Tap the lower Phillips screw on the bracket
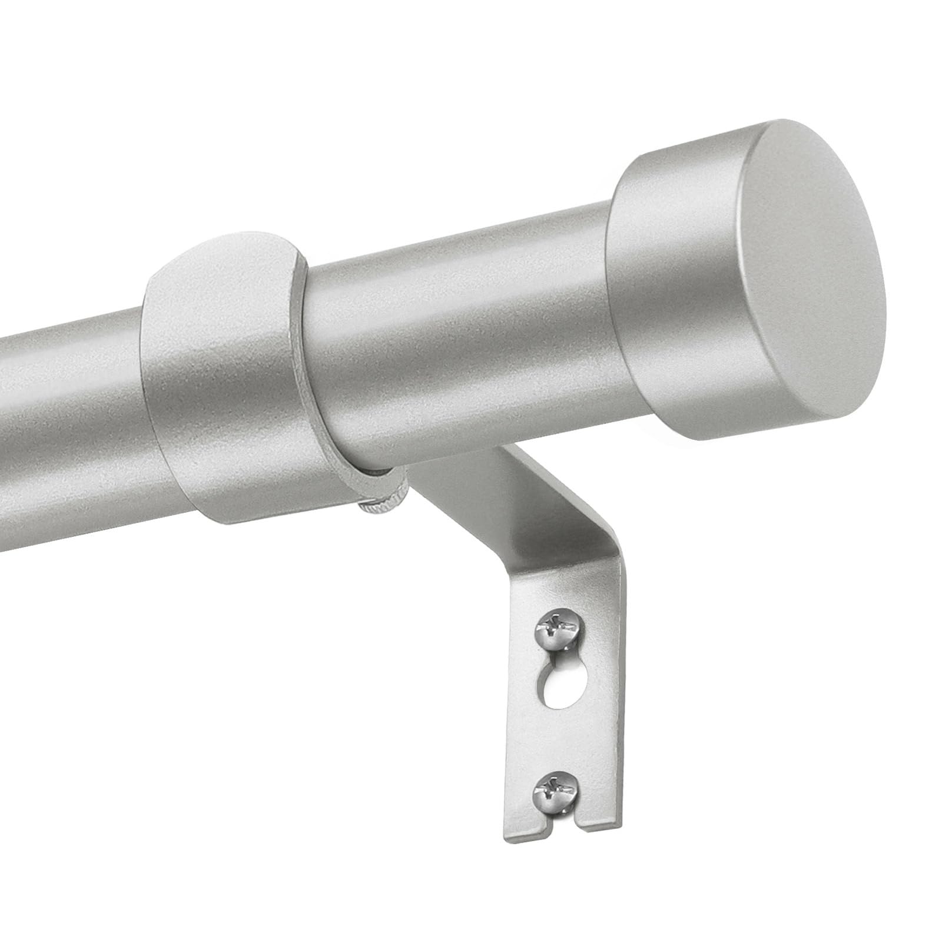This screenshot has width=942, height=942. tap(556, 790)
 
